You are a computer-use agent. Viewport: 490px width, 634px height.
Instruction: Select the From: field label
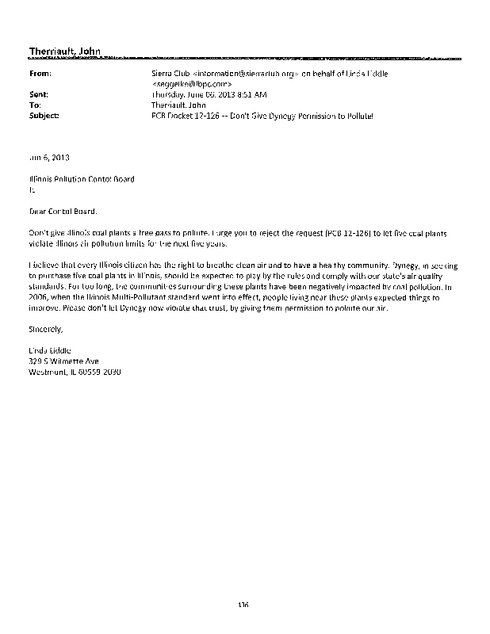pyautogui.click(x=40, y=73)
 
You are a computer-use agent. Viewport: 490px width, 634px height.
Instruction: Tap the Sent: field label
pyautogui.click(x=39, y=94)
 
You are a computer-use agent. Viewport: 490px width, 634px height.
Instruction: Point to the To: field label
pyautogui.click(x=35, y=104)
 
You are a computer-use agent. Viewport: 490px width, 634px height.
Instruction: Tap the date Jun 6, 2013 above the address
pyautogui.click(x=48, y=157)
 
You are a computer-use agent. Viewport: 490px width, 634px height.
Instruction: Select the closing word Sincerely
pyautogui.click(x=45, y=327)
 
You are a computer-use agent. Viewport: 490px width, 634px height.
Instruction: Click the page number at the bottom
pyautogui.click(x=243, y=605)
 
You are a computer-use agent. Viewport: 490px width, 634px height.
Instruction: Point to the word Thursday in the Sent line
pyautogui.click(x=169, y=94)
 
